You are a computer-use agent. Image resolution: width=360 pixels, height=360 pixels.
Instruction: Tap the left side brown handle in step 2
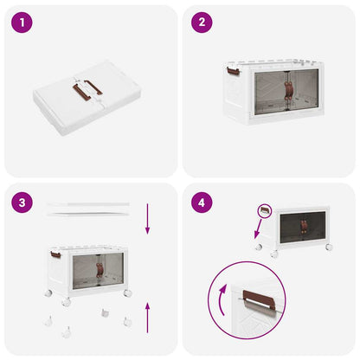pos(234,67)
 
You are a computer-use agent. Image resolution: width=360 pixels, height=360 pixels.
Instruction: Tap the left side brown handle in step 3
pos(55,254)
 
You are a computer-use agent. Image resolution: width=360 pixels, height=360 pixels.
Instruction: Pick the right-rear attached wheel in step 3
pos(127,293)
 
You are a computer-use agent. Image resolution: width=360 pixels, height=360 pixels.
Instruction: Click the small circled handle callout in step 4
pos(266,210)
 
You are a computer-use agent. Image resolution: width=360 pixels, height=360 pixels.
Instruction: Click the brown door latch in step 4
pos(304,227)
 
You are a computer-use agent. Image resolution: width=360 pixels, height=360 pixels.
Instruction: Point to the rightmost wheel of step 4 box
pos(328,248)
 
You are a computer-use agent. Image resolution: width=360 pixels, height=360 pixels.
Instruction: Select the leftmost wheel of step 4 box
pos(259,247)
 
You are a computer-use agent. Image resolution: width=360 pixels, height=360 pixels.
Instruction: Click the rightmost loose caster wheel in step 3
pos(127,321)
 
